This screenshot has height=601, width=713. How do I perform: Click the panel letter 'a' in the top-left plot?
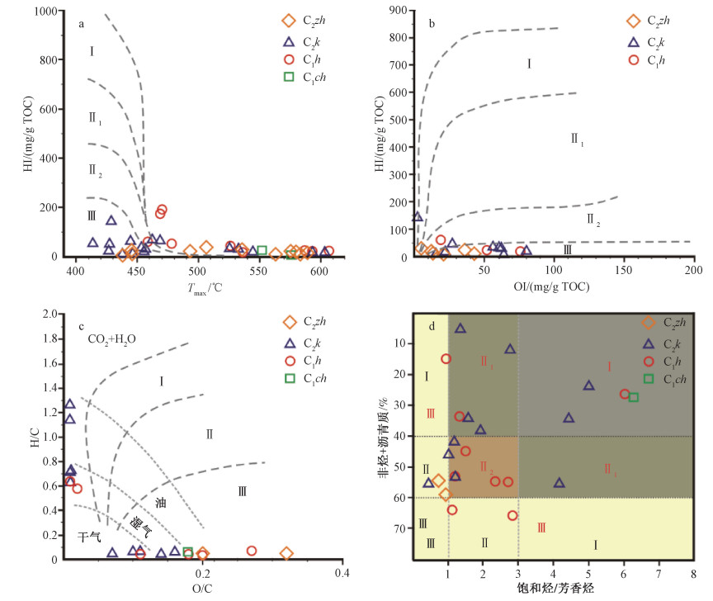82,23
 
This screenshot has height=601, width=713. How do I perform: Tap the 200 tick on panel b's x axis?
692,270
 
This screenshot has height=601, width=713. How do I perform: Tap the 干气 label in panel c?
89,537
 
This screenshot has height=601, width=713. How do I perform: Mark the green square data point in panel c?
188,551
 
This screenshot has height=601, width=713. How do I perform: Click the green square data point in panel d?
634,397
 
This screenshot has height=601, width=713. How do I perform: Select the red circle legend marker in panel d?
649,361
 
